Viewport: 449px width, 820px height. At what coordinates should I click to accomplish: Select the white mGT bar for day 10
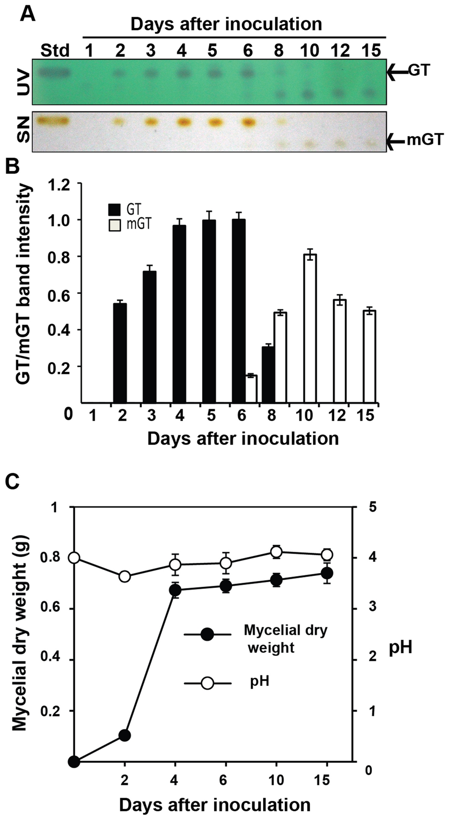(310, 328)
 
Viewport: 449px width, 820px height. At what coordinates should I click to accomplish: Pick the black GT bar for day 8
(268, 374)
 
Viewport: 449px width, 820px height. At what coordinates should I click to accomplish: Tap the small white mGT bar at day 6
(251, 389)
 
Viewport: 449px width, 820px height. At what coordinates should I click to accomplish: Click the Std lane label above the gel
(55, 50)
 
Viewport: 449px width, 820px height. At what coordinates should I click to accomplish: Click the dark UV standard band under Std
(55, 73)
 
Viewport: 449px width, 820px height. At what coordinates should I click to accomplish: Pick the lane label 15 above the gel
(371, 50)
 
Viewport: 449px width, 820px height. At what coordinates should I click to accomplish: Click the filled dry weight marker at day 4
(175, 591)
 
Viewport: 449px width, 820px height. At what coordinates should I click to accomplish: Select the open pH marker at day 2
(125, 576)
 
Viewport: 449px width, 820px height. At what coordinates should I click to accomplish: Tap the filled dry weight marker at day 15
(326, 573)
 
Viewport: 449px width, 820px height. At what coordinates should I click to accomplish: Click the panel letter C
(13, 481)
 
